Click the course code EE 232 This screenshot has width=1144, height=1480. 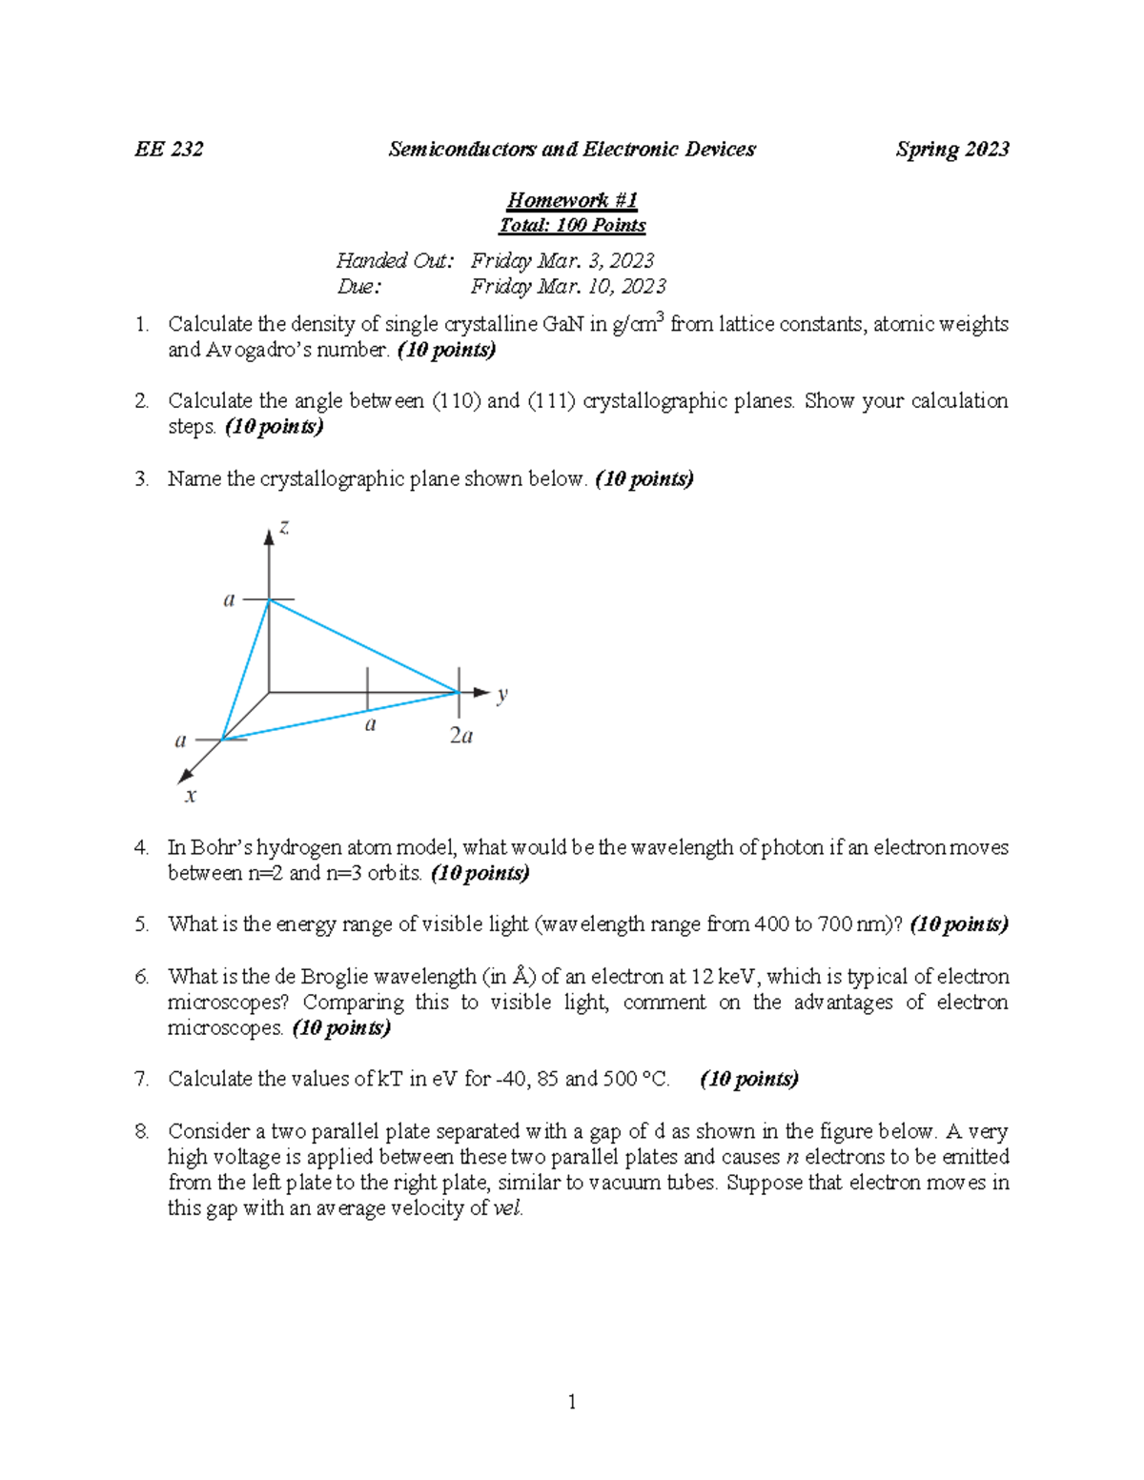(x=169, y=149)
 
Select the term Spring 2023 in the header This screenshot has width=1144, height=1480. (x=951, y=149)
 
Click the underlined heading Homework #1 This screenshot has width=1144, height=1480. (x=572, y=199)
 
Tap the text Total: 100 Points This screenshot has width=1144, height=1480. (x=572, y=225)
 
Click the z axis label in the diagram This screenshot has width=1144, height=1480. (x=283, y=527)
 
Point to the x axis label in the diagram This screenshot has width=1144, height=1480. (x=191, y=795)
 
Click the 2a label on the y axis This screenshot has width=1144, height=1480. (x=461, y=736)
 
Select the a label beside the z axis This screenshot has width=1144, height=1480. (x=229, y=599)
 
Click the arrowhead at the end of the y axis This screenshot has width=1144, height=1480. (x=481, y=693)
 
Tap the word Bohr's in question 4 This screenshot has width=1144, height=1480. (x=221, y=847)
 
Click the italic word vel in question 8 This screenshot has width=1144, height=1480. (x=507, y=1208)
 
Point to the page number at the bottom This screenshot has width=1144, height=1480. (x=572, y=1401)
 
